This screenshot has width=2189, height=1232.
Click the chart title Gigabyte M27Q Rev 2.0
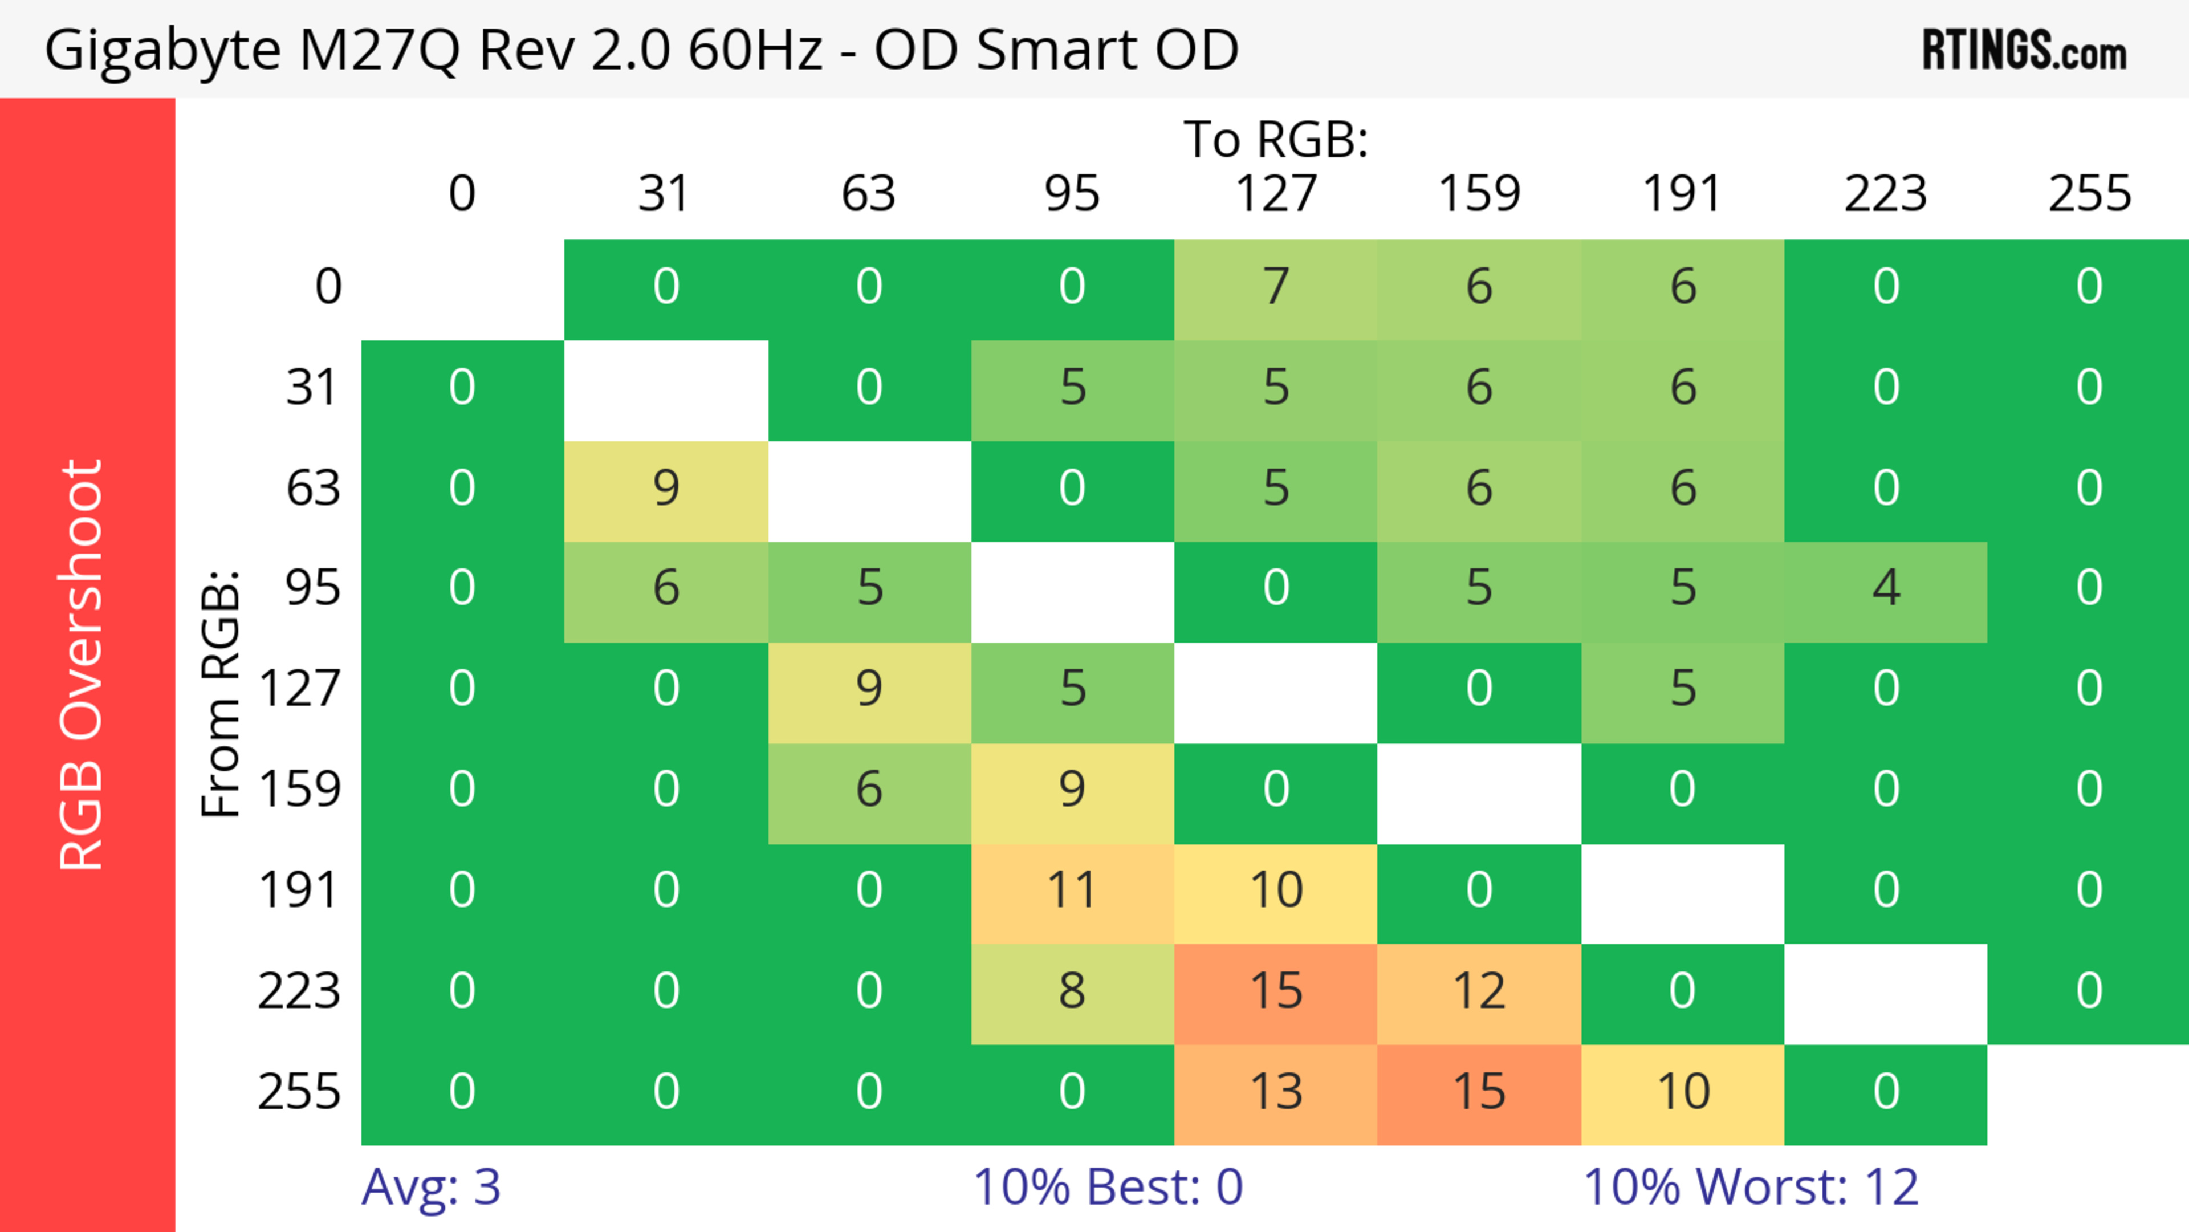tap(641, 49)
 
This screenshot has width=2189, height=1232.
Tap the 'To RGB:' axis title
tap(1276, 139)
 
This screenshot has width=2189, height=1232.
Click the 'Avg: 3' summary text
tap(431, 1186)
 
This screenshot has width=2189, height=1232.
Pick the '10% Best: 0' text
tap(1107, 1186)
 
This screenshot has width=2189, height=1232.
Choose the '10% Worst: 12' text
tap(1751, 1186)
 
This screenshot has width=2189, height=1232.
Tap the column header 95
tap(1072, 194)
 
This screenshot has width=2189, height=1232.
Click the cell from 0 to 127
tap(1276, 286)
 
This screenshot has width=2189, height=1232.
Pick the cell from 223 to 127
tap(1276, 991)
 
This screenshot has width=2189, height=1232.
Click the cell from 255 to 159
tap(1479, 1092)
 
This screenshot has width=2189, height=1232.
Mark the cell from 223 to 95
tap(1072, 991)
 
